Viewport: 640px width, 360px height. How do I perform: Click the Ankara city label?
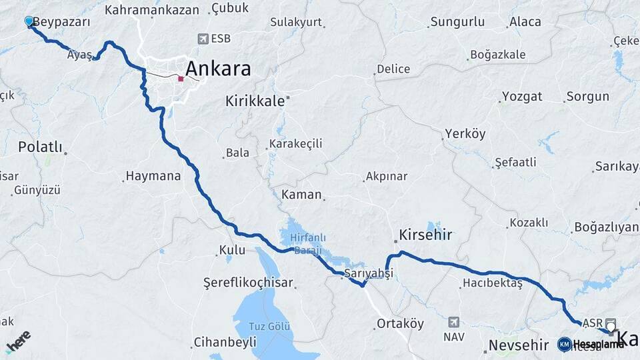(218, 69)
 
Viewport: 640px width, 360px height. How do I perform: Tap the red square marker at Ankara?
(181, 79)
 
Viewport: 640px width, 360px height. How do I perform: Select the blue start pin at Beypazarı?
(29, 21)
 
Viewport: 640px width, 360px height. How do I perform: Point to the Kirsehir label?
(425, 235)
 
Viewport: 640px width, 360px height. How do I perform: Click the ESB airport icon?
(203, 39)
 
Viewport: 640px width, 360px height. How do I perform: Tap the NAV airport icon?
(454, 322)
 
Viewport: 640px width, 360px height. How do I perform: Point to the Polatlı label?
(40, 147)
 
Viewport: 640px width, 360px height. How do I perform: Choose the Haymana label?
(153, 177)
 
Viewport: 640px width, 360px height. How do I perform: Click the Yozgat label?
(522, 96)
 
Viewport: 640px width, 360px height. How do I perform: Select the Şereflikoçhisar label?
(248, 283)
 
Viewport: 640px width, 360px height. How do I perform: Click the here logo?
(18, 341)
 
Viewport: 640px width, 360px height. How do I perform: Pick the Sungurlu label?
(457, 22)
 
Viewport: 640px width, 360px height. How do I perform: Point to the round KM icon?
(564, 344)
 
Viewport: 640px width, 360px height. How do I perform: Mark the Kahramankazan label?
(152, 10)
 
